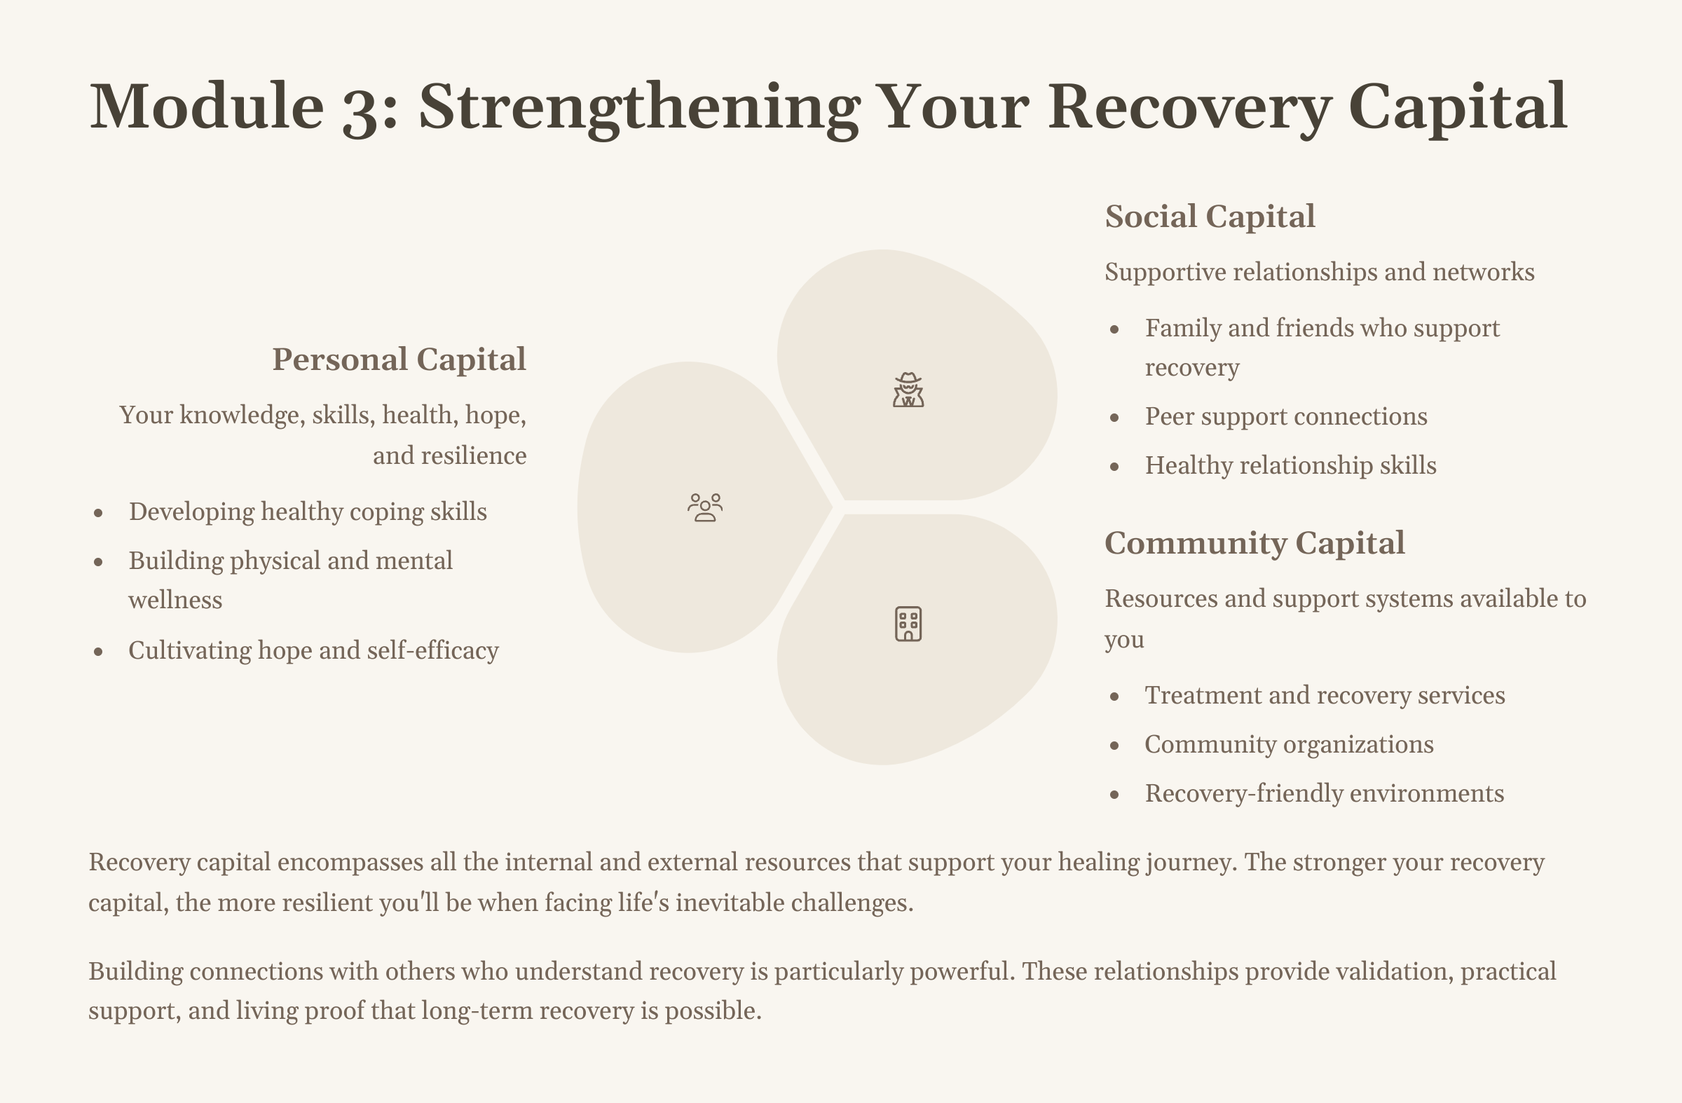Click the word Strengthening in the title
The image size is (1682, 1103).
coord(639,107)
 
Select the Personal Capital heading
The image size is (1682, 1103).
coord(399,359)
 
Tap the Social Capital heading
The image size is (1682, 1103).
coord(1209,217)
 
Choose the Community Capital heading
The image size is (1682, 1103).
coord(1254,543)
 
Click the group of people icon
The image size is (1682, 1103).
coord(704,507)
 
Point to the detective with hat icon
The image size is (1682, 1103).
coord(908,390)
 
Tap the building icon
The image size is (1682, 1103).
coord(908,623)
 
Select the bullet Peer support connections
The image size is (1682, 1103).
coord(1285,416)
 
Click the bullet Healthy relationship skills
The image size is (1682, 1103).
coord(1290,465)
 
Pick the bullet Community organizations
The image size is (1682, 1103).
coord(1288,745)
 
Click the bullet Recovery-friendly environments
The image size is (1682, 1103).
coord(1324,793)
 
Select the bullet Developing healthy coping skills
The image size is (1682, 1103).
coord(308,512)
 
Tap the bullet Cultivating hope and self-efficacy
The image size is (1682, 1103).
coord(313,650)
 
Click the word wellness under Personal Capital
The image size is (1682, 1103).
coord(175,600)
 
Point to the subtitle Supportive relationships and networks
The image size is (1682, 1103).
coord(1319,272)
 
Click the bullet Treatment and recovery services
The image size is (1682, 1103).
coord(1325,695)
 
